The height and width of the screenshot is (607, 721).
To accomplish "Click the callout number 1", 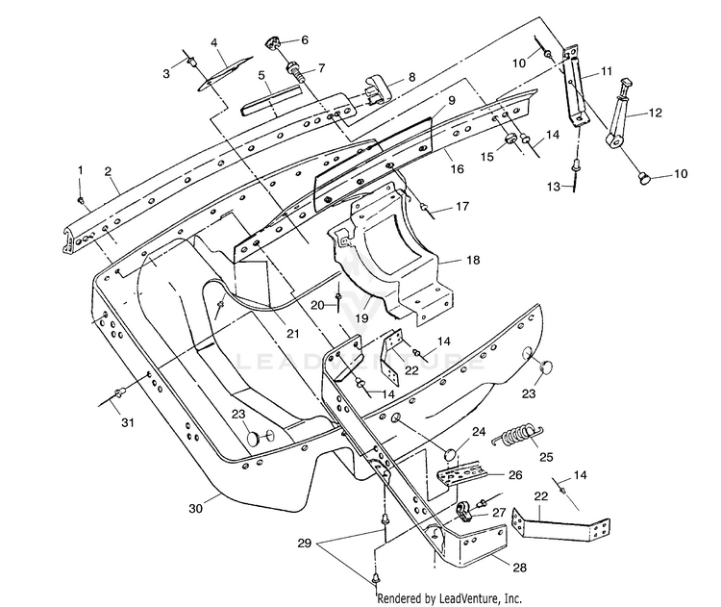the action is pyautogui.click(x=81, y=170).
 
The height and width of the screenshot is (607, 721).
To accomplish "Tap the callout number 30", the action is pyautogui.click(x=196, y=509).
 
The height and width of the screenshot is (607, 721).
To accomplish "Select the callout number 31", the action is pyautogui.click(x=128, y=422).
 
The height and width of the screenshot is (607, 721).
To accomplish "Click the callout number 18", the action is pyautogui.click(x=473, y=260).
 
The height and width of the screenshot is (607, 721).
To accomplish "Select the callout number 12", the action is pyautogui.click(x=656, y=113).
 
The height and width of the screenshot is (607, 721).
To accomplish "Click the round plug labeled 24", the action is pyautogui.click(x=450, y=455).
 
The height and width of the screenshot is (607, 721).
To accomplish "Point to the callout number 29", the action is pyautogui.click(x=305, y=544).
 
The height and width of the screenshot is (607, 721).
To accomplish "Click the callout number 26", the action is pyautogui.click(x=516, y=474).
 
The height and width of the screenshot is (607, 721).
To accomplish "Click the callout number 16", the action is pyautogui.click(x=457, y=169).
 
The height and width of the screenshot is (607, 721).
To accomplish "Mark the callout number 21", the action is pyautogui.click(x=293, y=334).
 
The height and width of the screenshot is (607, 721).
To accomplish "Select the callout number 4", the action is pyautogui.click(x=214, y=42).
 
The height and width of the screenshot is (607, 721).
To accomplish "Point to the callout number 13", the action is pyautogui.click(x=554, y=187).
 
